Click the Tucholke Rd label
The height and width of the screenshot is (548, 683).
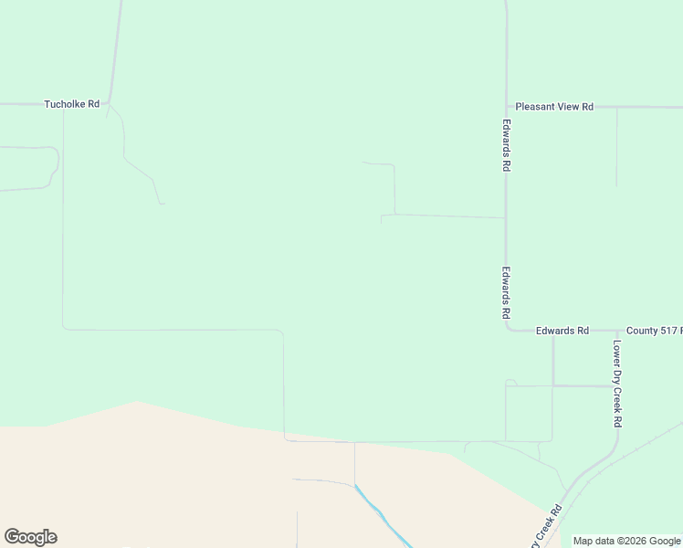[x=71, y=104]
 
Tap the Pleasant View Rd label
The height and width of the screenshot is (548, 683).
[x=554, y=107]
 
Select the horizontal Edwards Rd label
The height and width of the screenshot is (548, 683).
[x=562, y=331]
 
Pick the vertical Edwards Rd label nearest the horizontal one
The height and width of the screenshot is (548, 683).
[x=506, y=292]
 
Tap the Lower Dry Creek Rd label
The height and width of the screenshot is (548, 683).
[x=617, y=384]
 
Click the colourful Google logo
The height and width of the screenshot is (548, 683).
[x=30, y=537]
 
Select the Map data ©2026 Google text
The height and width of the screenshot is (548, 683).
[x=626, y=541]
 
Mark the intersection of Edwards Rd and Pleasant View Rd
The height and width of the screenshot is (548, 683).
[x=506, y=107]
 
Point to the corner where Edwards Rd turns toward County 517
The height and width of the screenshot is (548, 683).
[x=508, y=330]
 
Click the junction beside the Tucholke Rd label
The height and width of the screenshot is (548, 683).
[x=110, y=103]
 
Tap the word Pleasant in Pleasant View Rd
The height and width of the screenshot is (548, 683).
[x=535, y=107]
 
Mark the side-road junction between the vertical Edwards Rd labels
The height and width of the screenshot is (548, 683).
[x=506, y=218]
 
